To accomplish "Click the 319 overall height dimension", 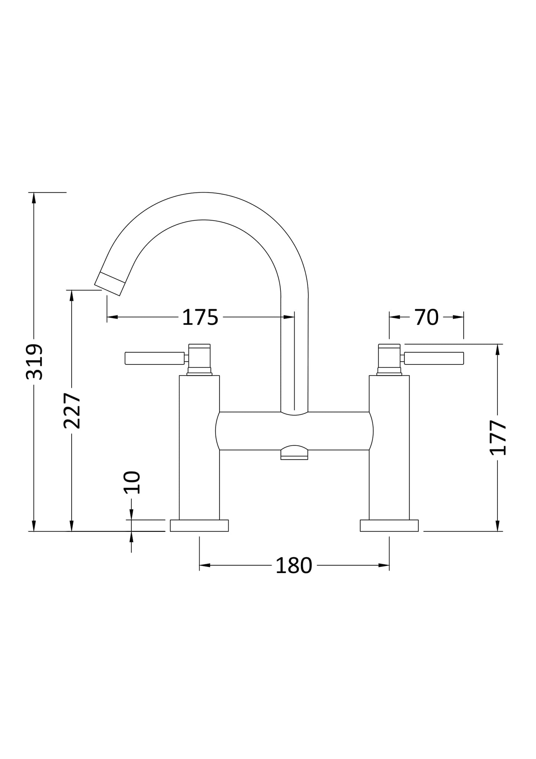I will (x=34, y=361).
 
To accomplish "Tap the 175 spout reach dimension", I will (x=200, y=317).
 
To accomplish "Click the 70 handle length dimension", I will (x=426, y=317).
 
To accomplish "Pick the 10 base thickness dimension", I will (x=132, y=482).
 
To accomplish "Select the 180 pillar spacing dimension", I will (x=294, y=566).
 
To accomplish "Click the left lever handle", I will (x=155, y=358).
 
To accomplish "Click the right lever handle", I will (x=434, y=358).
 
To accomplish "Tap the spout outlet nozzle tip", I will (x=110, y=284).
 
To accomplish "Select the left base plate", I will (x=199, y=526).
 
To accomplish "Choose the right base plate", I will (x=389, y=526).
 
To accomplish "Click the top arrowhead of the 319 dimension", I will (x=34, y=198).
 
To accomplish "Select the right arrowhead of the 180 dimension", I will (x=384, y=565).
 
